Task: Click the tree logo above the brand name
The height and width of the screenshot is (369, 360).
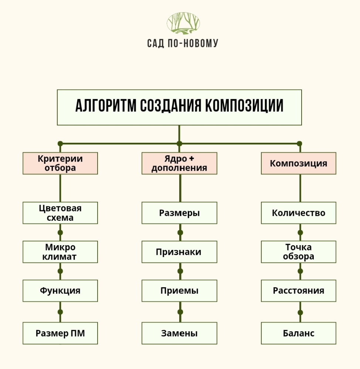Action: [x=183, y=23]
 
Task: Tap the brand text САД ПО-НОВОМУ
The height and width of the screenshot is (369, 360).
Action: [x=183, y=44]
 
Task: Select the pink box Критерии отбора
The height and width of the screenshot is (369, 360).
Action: [x=60, y=163]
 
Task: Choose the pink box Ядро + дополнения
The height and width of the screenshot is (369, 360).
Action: [x=179, y=163]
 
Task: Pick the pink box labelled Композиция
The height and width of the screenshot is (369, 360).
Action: [x=299, y=163]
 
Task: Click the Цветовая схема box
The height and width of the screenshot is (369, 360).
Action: [x=60, y=213]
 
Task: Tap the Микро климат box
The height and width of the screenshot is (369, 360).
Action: [x=60, y=252]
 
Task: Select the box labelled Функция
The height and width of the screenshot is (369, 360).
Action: [x=60, y=291]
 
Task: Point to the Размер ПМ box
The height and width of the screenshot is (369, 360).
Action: [x=60, y=333]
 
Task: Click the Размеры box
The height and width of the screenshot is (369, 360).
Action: [x=179, y=213]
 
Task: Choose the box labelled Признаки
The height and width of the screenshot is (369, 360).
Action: [x=179, y=252]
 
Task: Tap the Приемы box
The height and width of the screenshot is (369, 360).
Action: [x=179, y=291]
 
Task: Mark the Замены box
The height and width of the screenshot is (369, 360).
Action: [x=179, y=333]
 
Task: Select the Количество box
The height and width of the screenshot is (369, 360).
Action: [x=299, y=213]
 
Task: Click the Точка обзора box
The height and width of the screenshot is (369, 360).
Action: [x=299, y=252]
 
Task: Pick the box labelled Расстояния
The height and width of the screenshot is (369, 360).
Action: [x=299, y=291]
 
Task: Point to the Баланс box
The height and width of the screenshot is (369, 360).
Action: [x=299, y=333]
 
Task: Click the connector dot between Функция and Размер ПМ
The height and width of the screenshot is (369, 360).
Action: [x=60, y=312]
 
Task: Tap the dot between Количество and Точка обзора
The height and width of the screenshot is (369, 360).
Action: [x=300, y=233]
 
